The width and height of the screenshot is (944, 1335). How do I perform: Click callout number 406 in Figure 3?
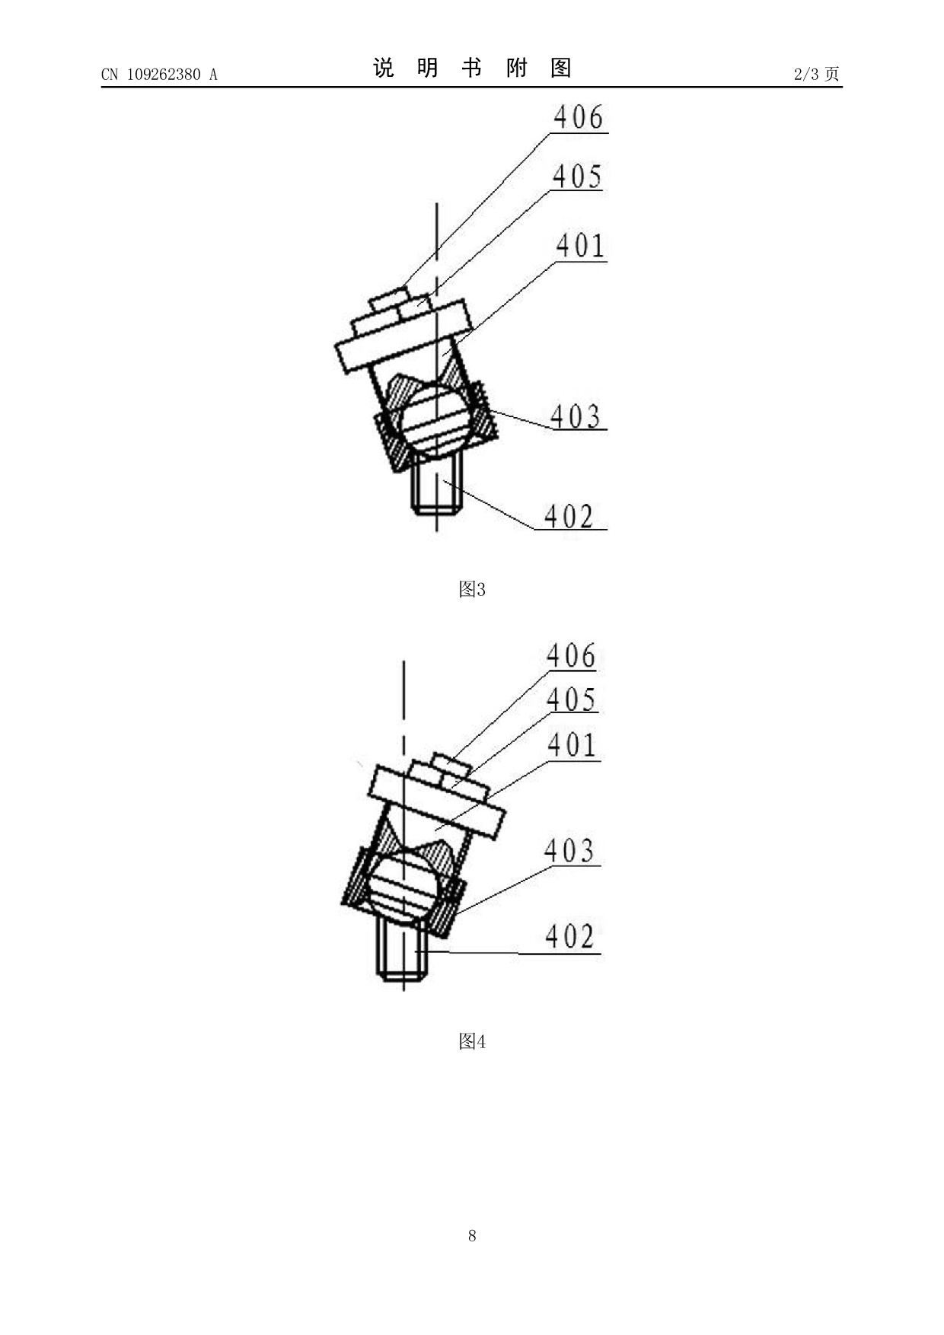[x=579, y=118]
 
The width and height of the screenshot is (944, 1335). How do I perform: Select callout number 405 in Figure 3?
[x=577, y=177]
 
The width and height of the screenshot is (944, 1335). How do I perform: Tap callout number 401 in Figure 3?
[x=581, y=246]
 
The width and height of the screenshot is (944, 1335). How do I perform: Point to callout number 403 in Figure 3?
[x=576, y=416]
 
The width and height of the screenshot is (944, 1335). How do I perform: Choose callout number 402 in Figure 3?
[x=569, y=517]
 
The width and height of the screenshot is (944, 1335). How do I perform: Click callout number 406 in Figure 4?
[x=571, y=656]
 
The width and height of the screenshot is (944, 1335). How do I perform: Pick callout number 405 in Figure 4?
[x=572, y=699]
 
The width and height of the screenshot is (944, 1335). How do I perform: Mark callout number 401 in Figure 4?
[x=572, y=745]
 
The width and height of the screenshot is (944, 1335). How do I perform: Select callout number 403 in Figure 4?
[x=569, y=851]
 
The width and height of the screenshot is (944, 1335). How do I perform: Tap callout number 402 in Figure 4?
[x=570, y=937]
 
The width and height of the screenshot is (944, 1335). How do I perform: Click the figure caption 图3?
[x=472, y=589]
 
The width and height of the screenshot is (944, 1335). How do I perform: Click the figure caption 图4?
[x=472, y=1041]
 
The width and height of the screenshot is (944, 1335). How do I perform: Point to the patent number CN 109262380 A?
[x=159, y=74]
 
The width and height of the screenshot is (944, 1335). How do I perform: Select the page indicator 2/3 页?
[x=817, y=74]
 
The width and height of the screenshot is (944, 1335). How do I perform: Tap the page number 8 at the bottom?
[x=472, y=1236]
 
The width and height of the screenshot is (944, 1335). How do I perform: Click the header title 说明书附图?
[x=472, y=69]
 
